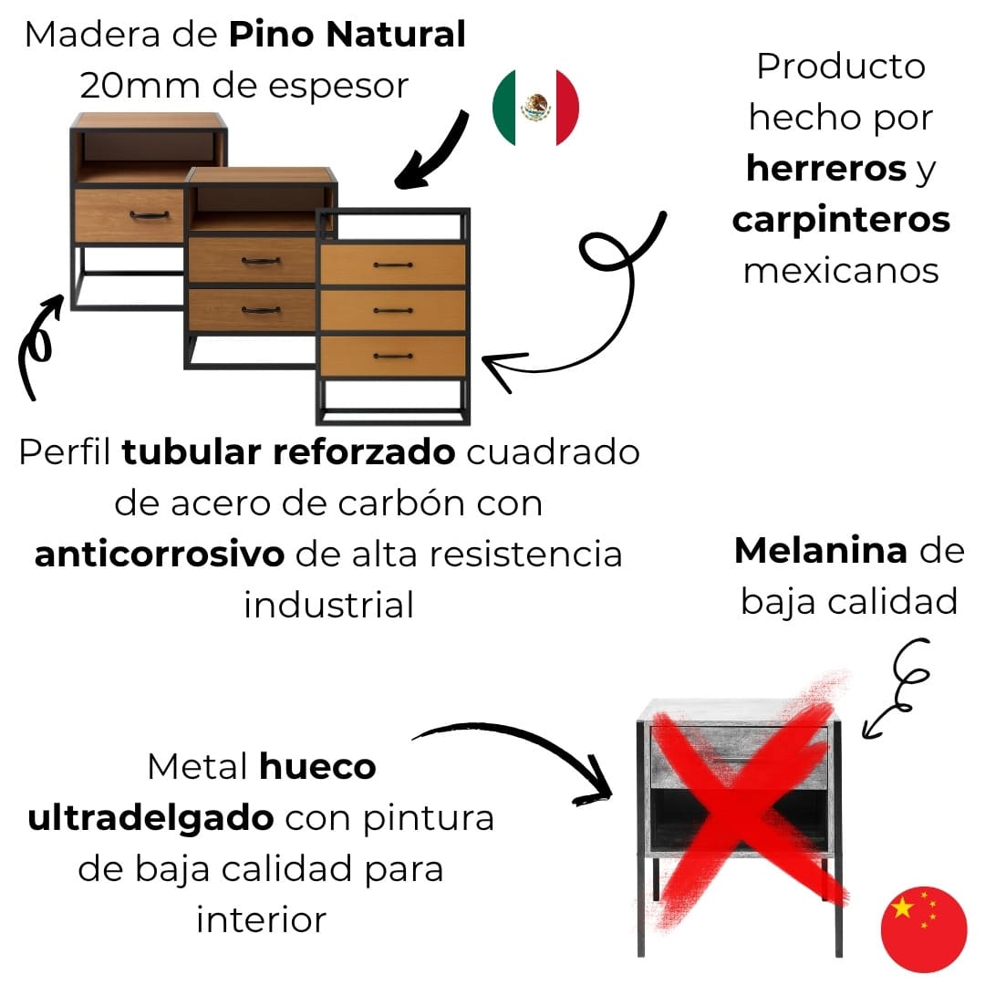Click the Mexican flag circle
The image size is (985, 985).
[535, 108]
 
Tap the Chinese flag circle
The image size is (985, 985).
[923, 928]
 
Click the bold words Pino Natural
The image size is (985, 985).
[347, 36]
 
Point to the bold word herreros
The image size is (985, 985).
[825, 169]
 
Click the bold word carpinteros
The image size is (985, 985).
[841, 220]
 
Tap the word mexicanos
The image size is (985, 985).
[841, 271]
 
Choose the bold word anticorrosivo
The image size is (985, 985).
[160, 555]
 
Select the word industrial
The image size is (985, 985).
[328, 605]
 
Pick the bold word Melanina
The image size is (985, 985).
[820, 551]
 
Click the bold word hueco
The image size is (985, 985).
[317, 767]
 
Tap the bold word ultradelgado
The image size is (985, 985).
[150, 818]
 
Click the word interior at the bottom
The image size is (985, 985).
[261, 919]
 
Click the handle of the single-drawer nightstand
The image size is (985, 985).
[149, 216]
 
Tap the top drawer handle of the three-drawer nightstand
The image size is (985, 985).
[393, 265]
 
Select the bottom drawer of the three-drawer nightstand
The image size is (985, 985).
[393, 356]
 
